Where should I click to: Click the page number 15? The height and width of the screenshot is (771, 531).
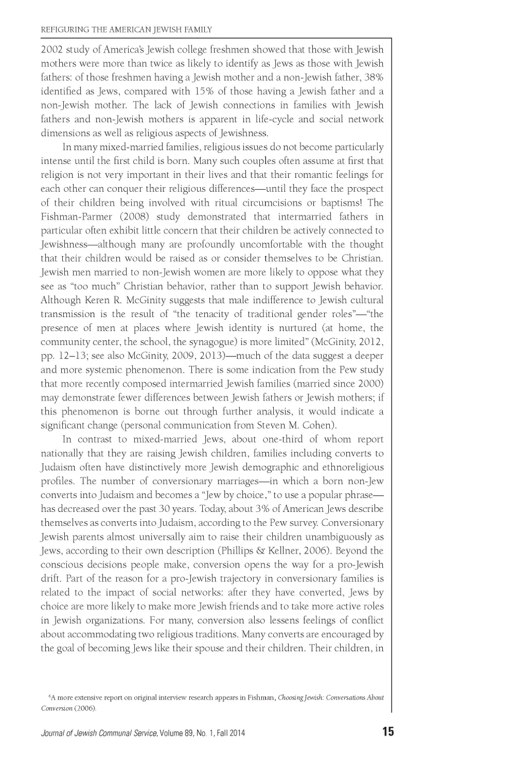[388, 732]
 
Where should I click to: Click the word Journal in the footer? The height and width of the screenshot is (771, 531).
[54, 733]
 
